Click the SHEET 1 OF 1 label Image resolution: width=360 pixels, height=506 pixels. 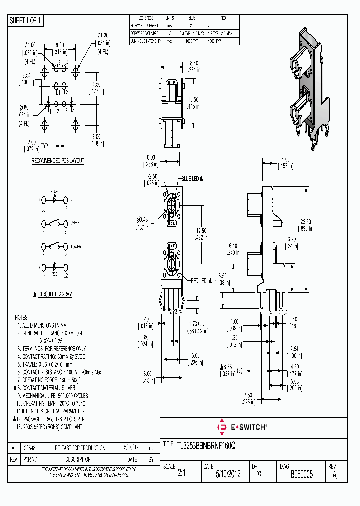pyautogui.click(x=26, y=20)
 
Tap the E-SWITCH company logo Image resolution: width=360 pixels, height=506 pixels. pyautogui.click(x=242, y=427)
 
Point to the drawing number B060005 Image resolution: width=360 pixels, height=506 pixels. pyautogui.click(x=301, y=474)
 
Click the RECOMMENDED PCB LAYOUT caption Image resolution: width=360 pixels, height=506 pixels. pyautogui.click(x=58, y=161)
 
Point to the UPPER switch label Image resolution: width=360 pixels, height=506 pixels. pyautogui.click(x=75, y=222)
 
